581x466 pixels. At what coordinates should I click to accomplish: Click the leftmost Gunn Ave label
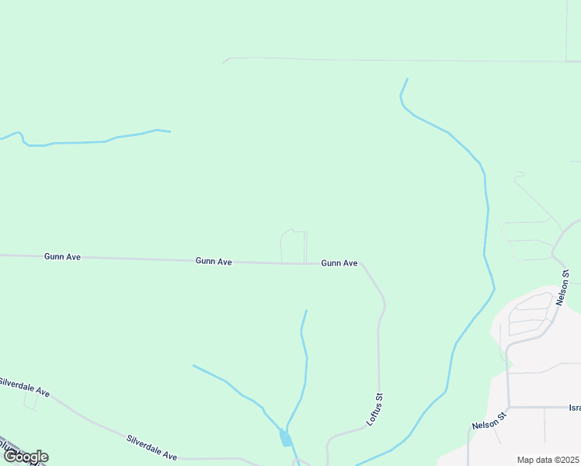pos(62,256)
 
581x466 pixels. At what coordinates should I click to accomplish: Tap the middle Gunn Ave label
pos(214,262)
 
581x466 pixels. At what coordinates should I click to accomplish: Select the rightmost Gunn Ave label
pos(339,263)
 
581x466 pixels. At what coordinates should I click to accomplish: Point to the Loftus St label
pos(376,412)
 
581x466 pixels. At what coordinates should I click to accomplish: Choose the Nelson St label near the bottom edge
pos(489,421)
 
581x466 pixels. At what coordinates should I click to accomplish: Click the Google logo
pos(25,457)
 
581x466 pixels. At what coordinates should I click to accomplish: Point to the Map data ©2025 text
pos(548,460)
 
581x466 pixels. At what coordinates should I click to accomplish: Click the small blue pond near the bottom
pos(285,439)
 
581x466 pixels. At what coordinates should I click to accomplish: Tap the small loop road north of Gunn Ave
pos(294,245)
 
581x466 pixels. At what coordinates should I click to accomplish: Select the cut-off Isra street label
pos(574,407)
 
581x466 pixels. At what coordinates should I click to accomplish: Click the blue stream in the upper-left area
pos(93,141)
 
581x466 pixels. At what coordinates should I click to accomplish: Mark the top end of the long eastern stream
pos(406,79)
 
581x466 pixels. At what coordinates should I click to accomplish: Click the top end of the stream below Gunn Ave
pos(306,311)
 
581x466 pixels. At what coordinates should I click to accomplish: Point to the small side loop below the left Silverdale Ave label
pos(30,400)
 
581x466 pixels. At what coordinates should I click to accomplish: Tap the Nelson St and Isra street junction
pos(509,406)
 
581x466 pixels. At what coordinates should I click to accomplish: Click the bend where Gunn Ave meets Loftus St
pos(362,264)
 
